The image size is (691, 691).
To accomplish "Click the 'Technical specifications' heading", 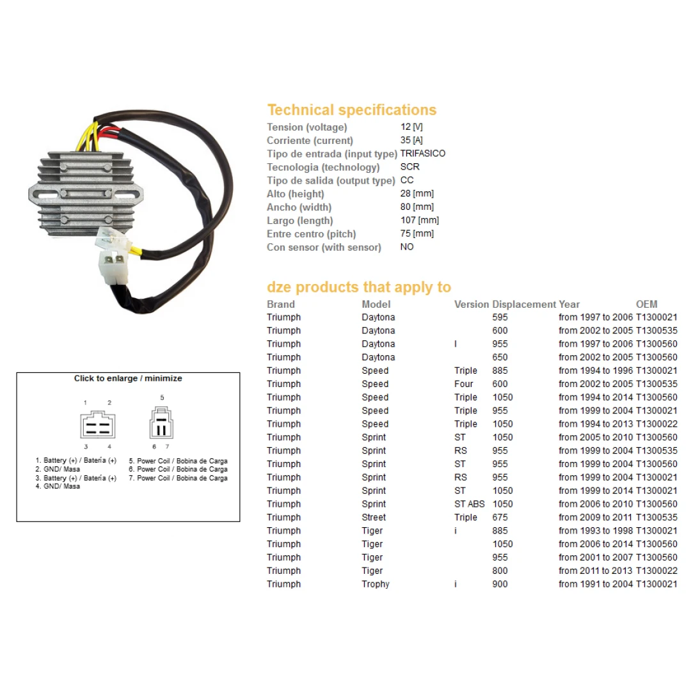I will (351, 110).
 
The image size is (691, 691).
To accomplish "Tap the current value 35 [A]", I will (411, 140).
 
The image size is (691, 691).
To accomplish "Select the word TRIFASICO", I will (423, 154).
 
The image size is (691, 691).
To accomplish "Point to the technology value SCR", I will (409, 167).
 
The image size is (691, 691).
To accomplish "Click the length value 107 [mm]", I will (419, 220).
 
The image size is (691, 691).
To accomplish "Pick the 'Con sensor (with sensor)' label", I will (323, 248).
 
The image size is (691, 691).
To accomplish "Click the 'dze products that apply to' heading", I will (358, 287).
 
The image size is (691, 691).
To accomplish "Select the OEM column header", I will (646, 305).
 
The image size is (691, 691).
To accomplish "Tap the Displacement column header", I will (524, 305).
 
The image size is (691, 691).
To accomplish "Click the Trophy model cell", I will (375, 584).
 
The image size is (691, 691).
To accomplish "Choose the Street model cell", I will (374, 518).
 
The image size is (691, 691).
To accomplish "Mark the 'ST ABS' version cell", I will (470, 504).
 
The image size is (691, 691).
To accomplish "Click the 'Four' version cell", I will (463, 384).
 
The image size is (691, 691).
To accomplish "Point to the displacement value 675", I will (500, 518).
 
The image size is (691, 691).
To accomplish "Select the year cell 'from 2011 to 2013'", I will (595, 571).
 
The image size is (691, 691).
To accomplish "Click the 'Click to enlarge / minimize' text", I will (128, 379).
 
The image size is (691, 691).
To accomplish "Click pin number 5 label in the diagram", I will (162, 398).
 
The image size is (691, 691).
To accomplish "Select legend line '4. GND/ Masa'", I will (58, 487).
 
